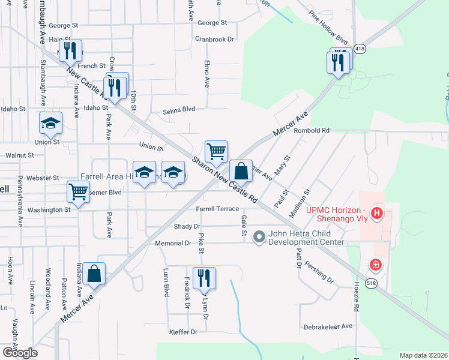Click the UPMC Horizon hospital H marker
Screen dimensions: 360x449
(376, 212)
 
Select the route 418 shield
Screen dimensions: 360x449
(359, 48)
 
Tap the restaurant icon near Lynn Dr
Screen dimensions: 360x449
(204, 278)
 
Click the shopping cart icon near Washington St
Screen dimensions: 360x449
(78, 192)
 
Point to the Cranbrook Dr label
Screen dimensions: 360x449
(214, 39)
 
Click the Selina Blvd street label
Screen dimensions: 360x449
(179, 110)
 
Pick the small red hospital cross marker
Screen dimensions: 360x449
(376, 264)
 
